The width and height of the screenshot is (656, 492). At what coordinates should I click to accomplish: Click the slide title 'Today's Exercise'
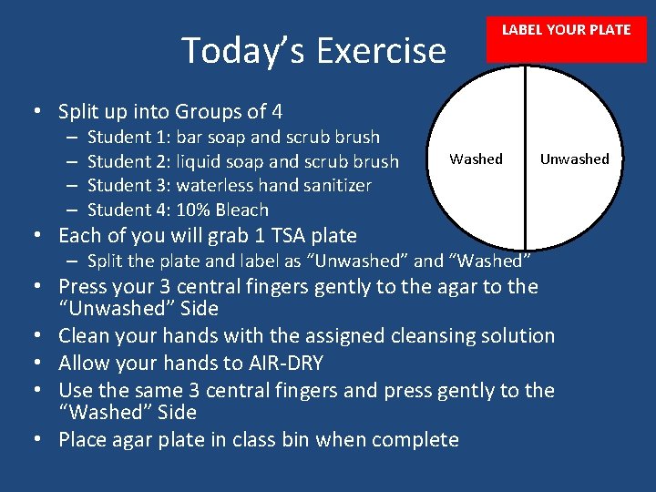click(x=313, y=50)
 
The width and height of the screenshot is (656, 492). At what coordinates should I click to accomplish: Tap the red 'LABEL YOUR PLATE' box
click(x=566, y=31)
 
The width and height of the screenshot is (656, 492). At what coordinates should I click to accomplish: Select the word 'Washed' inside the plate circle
click(x=476, y=159)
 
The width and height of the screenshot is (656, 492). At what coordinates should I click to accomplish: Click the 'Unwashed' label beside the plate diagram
click(x=574, y=159)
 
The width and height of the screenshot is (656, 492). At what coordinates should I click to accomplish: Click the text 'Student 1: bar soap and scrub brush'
click(x=233, y=138)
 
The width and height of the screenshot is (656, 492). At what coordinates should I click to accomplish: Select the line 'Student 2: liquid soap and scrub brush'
click(x=242, y=161)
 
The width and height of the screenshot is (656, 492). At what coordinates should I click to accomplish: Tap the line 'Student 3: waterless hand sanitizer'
click(x=229, y=186)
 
